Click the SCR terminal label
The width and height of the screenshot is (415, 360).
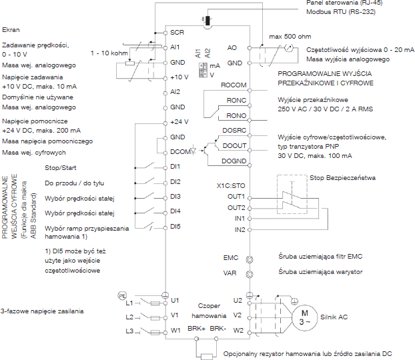click(x=177, y=32)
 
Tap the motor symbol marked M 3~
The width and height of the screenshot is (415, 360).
click(x=304, y=318)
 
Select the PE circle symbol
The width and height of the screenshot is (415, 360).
click(x=122, y=296)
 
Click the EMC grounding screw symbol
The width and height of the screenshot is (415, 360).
click(x=250, y=259)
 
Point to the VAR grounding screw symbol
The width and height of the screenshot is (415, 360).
click(x=250, y=274)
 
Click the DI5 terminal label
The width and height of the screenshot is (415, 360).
click(x=175, y=227)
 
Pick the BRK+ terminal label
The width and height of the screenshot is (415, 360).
click(x=196, y=329)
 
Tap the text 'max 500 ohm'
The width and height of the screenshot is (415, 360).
click(x=290, y=36)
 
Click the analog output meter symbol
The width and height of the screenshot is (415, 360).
click(x=289, y=48)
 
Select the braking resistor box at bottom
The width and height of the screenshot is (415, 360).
click(x=206, y=356)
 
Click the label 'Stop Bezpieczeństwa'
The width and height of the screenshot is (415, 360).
click(x=342, y=178)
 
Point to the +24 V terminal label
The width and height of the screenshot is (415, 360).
click(x=179, y=122)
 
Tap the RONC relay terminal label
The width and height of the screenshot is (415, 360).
click(x=236, y=101)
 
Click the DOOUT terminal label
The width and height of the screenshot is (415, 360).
click(x=234, y=146)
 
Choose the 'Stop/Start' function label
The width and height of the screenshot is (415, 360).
click(x=60, y=168)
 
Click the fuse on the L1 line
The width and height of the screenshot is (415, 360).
click(x=155, y=303)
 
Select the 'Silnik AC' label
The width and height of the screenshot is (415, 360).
click(x=334, y=317)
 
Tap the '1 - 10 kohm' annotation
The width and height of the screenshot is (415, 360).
click(x=109, y=53)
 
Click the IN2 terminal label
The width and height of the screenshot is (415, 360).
click(x=240, y=229)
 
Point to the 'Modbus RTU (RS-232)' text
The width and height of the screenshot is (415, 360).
click(x=341, y=12)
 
